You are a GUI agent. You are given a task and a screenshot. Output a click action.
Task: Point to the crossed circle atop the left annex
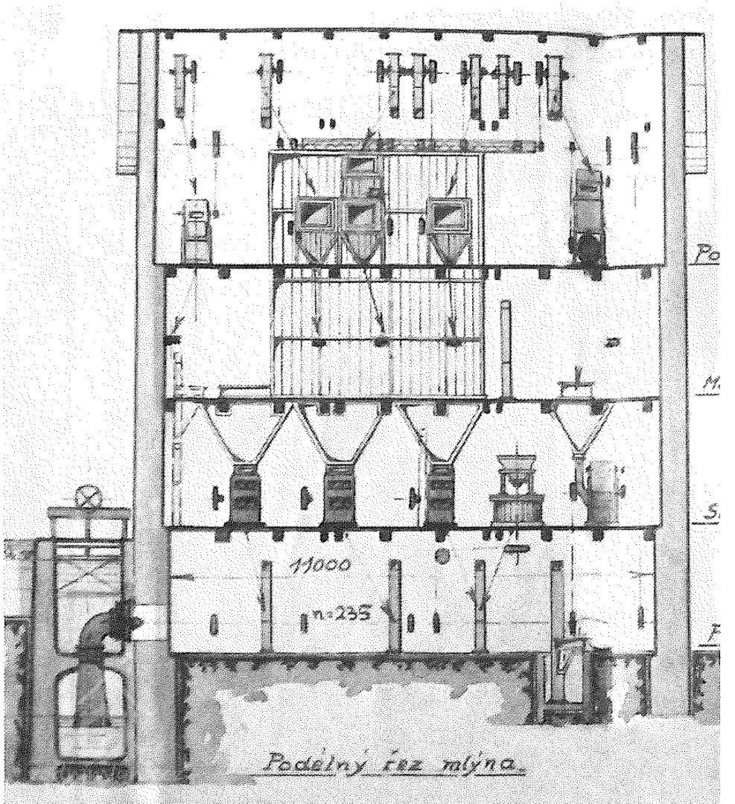(89, 496)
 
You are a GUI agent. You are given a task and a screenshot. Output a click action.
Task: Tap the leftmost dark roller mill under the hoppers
(244, 493)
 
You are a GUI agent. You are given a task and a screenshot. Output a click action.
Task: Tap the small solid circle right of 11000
(444, 555)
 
